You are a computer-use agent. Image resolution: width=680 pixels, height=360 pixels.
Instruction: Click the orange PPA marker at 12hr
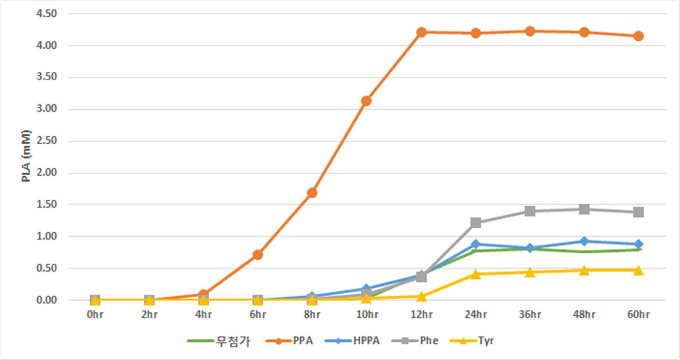click(x=421, y=32)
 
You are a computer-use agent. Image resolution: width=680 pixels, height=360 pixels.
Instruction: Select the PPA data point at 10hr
click(x=366, y=101)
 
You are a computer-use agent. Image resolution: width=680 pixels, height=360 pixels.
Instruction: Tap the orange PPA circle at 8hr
click(x=312, y=193)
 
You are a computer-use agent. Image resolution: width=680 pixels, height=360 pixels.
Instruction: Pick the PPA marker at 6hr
click(x=258, y=255)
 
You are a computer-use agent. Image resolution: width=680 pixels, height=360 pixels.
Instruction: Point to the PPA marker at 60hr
click(x=638, y=36)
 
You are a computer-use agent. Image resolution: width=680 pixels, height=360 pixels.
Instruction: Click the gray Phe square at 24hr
click(x=476, y=223)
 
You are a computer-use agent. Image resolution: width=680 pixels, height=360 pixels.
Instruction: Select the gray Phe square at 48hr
click(x=584, y=209)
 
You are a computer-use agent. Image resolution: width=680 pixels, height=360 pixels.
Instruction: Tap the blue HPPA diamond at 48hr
click(x=584, y=241)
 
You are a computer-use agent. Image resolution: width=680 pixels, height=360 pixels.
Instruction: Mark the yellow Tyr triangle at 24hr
click(x=476, y=274)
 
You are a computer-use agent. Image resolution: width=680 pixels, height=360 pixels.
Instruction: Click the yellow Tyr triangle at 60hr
click(x=638, y=270)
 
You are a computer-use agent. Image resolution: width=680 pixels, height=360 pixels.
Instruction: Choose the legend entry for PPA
click(x=289, y=341)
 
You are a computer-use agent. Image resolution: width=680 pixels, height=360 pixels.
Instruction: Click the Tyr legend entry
click(x=472, y=341)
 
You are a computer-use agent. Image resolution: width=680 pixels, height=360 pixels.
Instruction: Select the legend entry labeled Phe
click(x=415, y=341)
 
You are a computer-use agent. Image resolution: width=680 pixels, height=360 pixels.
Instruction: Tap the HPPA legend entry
click(x=352, y=341)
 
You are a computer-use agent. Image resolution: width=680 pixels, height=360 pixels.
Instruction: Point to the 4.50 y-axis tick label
click(x=46, y=14)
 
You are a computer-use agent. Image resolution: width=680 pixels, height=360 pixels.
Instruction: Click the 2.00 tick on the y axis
click(x=46, y=173)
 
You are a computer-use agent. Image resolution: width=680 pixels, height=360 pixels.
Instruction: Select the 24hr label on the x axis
click(x=476, y=314)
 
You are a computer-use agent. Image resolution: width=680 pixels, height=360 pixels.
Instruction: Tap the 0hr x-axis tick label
click(x=95, y=314)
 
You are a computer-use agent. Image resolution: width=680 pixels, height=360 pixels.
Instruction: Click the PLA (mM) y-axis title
click(x=26, y=156)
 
